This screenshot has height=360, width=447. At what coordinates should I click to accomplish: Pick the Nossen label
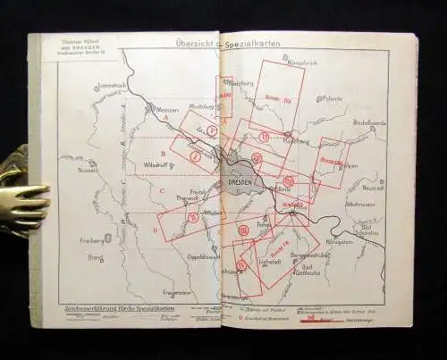(87, 168)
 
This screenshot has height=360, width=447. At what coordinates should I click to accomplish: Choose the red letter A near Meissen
(164, 118)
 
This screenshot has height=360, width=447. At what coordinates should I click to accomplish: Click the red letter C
(161, 189)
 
